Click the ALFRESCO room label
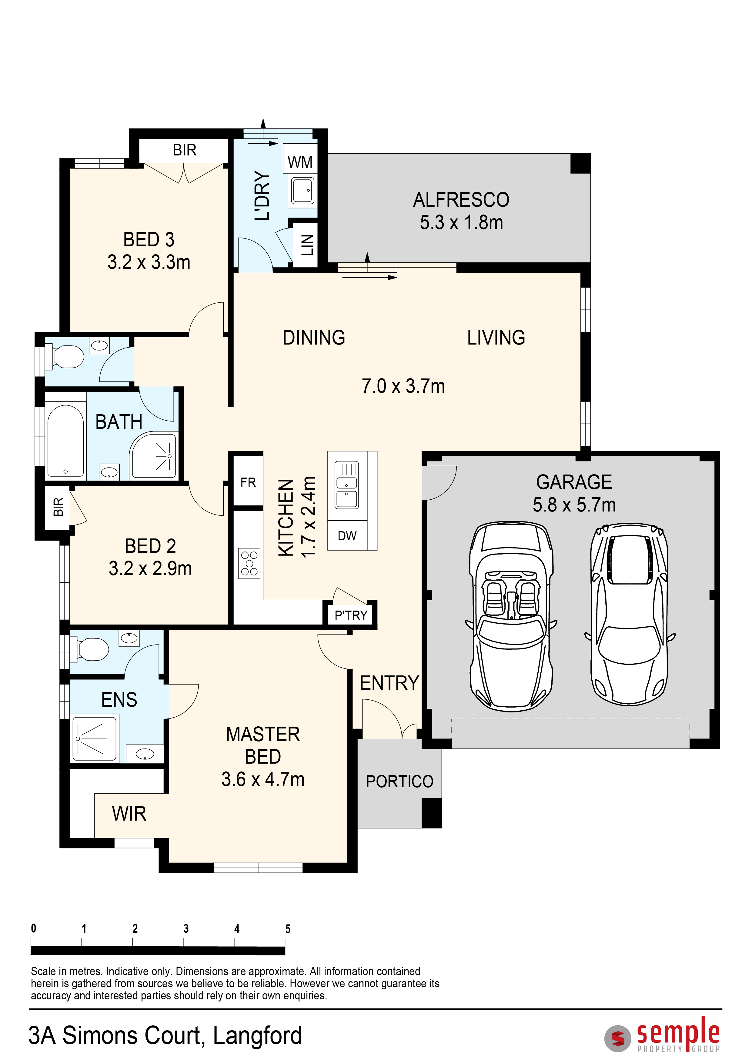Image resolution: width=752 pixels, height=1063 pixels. tap(461, 200)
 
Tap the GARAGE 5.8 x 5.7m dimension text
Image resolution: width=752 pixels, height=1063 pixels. tap(574, 505)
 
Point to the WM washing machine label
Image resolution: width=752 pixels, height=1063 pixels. tap(300, 162)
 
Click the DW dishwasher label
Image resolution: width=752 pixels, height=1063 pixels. tap(347, 536)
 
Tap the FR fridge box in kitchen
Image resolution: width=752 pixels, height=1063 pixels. tap(248, 482)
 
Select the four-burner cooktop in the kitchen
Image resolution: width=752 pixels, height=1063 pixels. tap(249, 563)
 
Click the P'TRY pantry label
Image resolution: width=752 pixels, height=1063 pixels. tap(351, 615)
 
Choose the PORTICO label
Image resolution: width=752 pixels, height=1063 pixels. tap(399, 781)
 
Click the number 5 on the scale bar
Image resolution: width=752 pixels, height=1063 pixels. tap(288, 929)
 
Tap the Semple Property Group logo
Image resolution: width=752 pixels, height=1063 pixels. tap(662, 1034)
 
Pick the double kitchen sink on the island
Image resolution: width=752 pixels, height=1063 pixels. tap(347, 485)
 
